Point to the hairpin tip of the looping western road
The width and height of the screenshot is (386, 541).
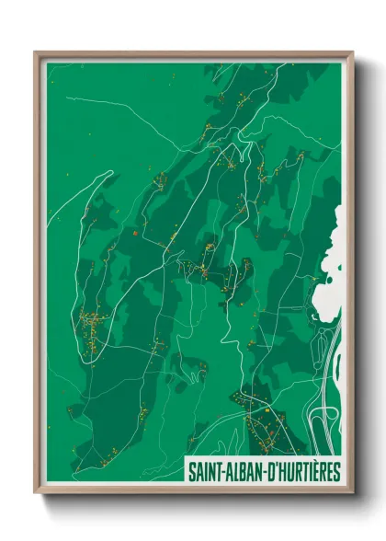tap(110, 173)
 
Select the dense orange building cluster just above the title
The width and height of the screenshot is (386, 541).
tap(262, 428)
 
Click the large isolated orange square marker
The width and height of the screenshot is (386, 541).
tap(134, 234)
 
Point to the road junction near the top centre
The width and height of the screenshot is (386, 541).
tap(241, 137)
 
